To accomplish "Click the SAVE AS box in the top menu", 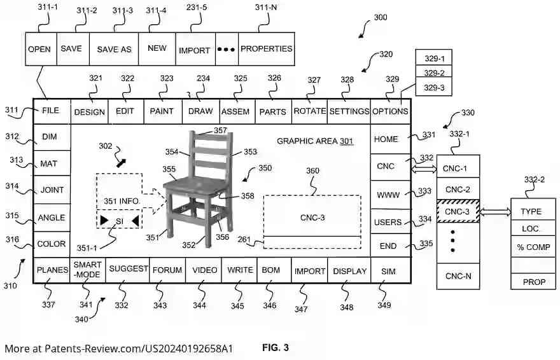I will point(113,49).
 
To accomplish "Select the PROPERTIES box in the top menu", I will point(266,49).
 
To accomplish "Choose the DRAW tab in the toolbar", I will point(200,111).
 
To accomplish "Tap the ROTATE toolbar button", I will point(309,111).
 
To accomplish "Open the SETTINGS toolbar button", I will point(349,111).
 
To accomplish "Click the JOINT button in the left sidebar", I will point(52,190).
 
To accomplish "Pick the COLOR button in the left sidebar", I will point(52,244).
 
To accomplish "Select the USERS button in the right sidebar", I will point(388,223).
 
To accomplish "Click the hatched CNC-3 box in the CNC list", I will point(458,211).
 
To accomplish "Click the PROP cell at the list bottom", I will point(533,282).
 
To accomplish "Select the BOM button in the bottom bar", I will point(274,270).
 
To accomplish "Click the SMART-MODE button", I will point(88,270).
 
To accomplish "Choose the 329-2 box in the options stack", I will point(433,73).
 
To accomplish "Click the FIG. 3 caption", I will point(276,348).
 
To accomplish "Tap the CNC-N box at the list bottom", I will point(458,276).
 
